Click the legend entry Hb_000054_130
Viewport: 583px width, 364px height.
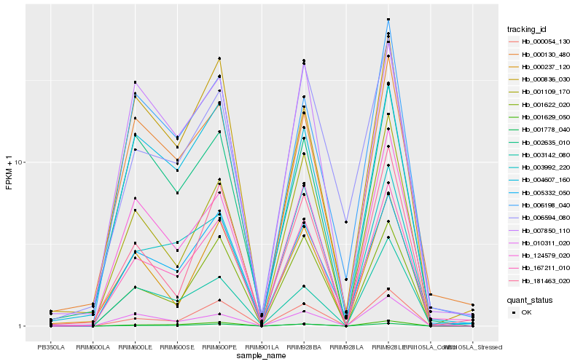coord(545,41)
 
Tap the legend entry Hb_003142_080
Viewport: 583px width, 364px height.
coord(545,154)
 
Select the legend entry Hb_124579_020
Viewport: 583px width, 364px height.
coord(545,255)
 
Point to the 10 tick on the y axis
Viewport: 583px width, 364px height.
coord(21,162)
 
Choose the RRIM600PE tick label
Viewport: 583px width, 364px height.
coord(219,347)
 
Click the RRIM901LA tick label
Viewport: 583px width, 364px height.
coord(262,347)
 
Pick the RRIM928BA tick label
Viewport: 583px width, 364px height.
coord(303,347)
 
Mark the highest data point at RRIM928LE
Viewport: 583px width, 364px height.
coord(388,20)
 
